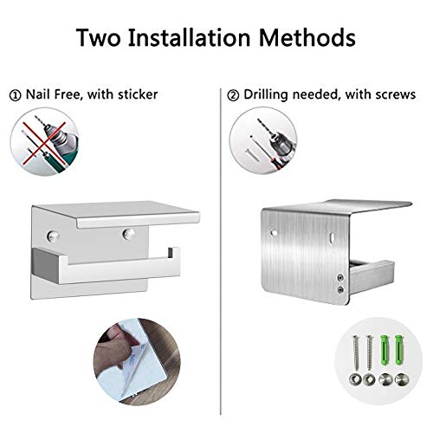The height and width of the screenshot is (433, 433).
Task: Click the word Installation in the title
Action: pyautogui.click(x=189, y=38)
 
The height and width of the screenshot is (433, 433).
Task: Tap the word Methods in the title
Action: pyautogui.click(x=307, y=38)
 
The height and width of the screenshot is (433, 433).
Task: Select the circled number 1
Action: pyautogui.click(x=15, y=95)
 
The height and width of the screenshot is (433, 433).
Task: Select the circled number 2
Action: pyautogui.click(x=233, y=95)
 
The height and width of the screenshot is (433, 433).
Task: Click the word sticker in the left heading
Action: pyautogui.click(x=138, y=94)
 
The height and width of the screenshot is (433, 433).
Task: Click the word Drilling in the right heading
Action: pyautogui.click(x=266, y=94)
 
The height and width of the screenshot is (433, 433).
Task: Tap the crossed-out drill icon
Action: pyautogui.click(x=44, y=141)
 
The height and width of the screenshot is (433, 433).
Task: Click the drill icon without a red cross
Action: pyautogui.click(x=263, y=140)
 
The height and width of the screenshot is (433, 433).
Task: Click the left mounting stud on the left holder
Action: pyautogui.click(x=53, y=236)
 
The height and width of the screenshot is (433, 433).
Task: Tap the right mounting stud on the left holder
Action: pyautogui.click(x=128, y=234)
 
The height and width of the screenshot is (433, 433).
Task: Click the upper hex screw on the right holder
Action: pyautogui.click(x=341, y=278)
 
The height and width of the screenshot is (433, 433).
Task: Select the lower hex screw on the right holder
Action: pyautogui.click(x=341, y=289)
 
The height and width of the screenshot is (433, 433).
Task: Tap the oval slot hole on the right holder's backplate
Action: pyautogui.click(x=333, y=237)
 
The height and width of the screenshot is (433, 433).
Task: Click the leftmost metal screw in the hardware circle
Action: pyautogui.click(x=356, y=352)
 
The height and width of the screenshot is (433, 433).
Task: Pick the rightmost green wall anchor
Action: pyautogui.click(x=399, y=349)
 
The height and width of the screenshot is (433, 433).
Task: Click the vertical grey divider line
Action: pyautogui.click(x=221, y=251)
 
